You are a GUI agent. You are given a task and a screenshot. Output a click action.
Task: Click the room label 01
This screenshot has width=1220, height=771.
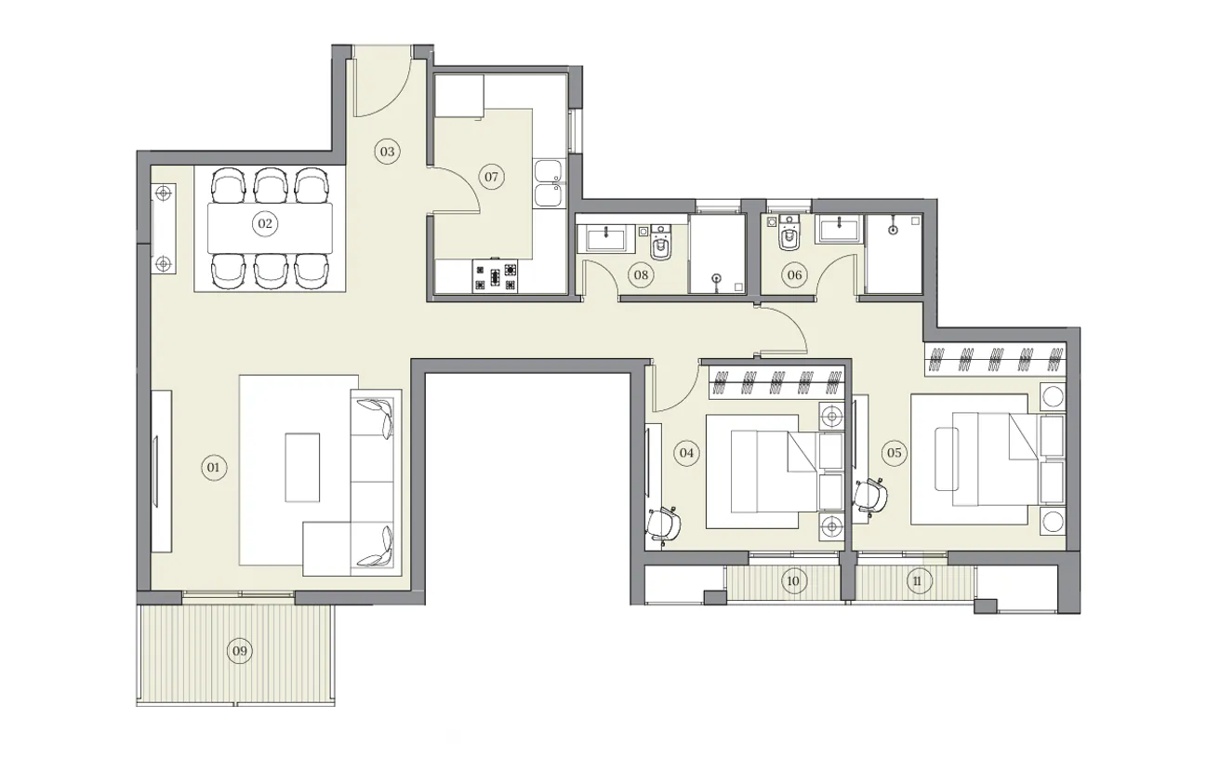pos(213,467)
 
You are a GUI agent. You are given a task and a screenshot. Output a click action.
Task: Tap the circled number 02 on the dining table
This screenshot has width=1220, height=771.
pos(265,223)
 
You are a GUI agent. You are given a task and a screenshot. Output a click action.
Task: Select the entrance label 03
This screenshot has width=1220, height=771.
pos(387,152)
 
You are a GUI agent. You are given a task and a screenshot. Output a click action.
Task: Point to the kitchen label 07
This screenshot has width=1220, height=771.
pos(491,177)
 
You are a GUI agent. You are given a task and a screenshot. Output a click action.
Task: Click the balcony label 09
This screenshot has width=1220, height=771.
pos(240,651)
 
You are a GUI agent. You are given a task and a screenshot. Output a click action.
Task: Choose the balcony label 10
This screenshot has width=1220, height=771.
pos(792,582)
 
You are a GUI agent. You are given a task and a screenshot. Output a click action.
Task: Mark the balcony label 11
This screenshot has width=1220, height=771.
pos(918,582)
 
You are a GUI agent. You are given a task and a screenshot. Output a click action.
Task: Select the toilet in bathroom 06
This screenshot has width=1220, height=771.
pos(789,238)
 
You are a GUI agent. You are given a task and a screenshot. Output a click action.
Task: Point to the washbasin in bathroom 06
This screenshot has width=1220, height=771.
pos(840,230)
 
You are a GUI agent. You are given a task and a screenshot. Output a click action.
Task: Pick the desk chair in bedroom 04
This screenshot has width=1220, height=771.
pos(665,524)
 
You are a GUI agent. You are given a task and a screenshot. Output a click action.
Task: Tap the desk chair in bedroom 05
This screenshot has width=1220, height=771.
pos(870,495)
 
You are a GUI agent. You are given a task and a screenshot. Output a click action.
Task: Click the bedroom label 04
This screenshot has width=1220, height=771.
pos(686,453)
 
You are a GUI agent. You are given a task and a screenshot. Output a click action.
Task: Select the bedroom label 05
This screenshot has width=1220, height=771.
pos(894,453)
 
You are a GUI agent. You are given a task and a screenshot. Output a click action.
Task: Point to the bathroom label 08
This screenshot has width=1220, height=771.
pos(640,274)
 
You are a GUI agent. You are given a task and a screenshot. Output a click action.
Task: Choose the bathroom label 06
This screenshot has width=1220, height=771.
pos(793,274)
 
